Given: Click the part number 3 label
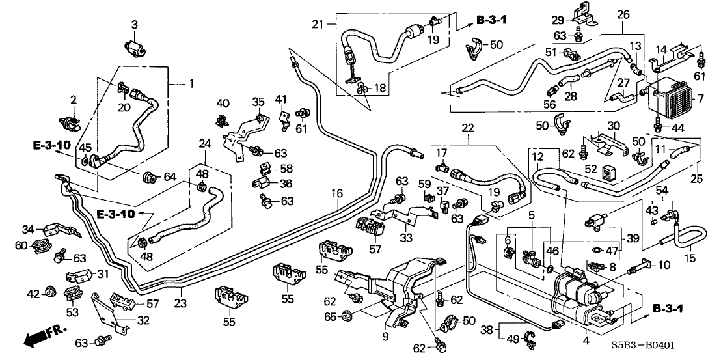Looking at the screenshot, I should coord(135,25).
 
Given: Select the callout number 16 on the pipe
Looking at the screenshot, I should coord(336,193).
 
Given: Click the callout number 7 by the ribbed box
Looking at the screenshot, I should coord(700,100).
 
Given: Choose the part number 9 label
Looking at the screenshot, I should coord(385,337).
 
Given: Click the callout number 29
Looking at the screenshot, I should coord(558,20).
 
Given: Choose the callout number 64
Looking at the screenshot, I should coord(170,176).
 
